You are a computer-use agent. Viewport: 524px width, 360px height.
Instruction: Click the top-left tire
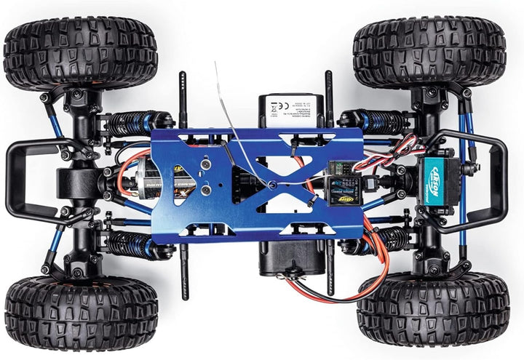point(80,53)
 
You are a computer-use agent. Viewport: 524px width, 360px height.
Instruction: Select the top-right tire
point(429,52)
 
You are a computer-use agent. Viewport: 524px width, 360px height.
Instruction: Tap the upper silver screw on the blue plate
point(205,168)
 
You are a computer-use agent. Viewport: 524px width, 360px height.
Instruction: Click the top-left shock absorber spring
point(131,122)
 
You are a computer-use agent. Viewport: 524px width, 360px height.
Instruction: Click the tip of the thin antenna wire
point(215,63)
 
